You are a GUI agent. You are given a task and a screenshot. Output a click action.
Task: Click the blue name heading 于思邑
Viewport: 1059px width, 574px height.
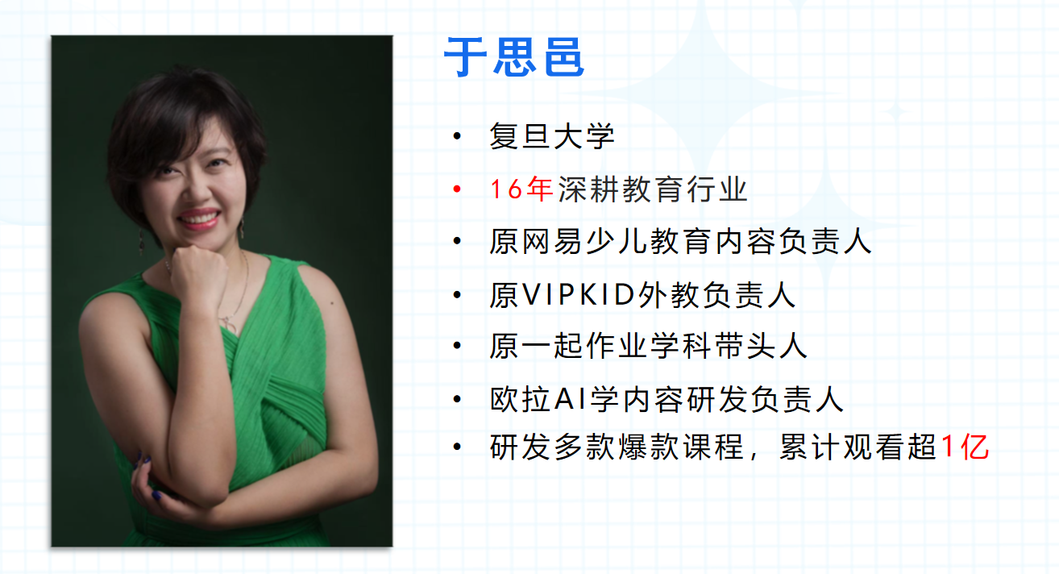click(x=514, y=57)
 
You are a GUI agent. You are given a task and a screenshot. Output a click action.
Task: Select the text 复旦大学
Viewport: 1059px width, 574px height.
click(x=552, y=136)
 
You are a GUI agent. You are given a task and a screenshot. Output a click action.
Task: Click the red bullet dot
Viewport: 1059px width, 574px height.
click(x=457, y=189)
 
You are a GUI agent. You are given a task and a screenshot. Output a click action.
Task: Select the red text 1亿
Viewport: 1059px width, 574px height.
click(x=965, y=447)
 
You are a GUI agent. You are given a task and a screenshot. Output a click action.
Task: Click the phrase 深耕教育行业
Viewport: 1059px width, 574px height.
click(x=653, y=189)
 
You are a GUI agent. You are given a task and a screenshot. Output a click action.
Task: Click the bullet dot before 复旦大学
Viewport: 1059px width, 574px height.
click(x=457, y=136)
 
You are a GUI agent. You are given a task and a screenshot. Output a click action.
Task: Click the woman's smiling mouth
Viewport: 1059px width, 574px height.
click(x=198, y=218)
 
